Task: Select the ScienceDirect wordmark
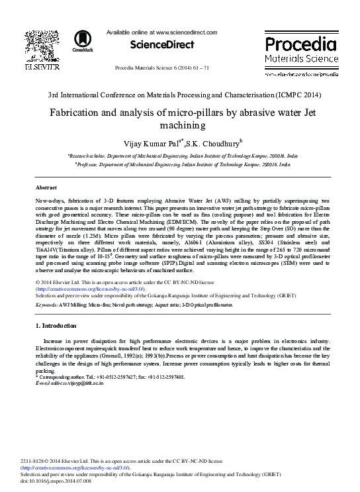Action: [161, 45]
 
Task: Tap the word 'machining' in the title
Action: [179, 125]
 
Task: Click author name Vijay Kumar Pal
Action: [144, 143]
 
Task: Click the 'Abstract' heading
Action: [46, 189]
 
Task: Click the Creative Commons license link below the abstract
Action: [90, 289]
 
